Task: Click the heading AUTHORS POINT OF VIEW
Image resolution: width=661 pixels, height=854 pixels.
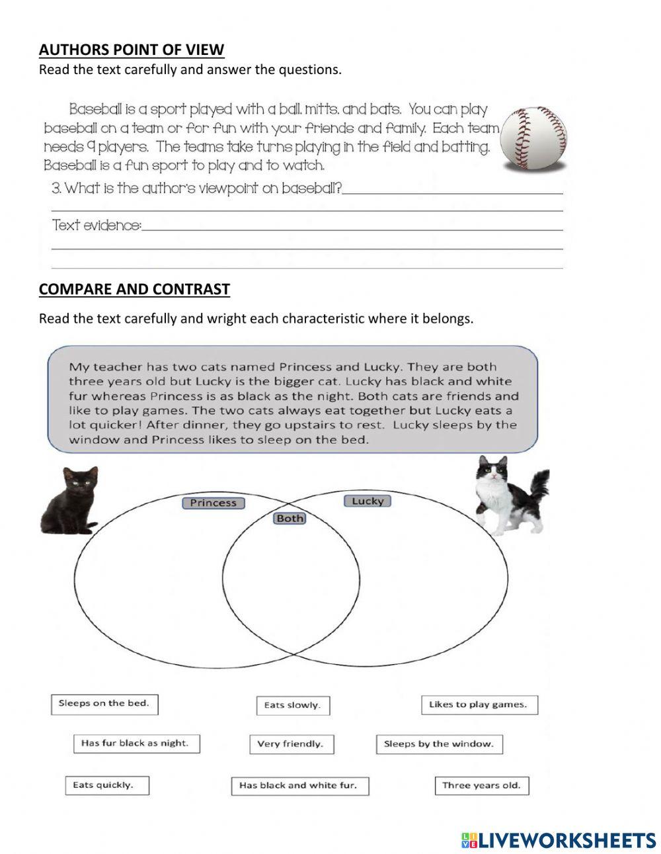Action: click(132, 50)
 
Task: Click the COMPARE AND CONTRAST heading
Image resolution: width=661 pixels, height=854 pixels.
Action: click(134, 289)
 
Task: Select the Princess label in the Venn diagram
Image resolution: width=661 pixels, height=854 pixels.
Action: click(213, 503)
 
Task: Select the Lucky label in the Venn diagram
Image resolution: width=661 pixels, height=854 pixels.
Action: click(368, 501)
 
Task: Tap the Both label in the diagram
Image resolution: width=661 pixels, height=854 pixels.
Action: click(290, 519)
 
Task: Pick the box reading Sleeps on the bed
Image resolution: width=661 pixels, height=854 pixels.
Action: click(104, 704)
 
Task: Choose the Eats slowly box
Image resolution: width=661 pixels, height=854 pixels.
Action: click(292, 705)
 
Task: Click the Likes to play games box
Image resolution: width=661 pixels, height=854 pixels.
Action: click(479, 705)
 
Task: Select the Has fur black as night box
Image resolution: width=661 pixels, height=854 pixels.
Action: click(136, 744)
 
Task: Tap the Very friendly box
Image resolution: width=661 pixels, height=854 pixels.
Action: click(291, 744)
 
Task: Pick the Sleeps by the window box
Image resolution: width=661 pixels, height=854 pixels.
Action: click(439, 744)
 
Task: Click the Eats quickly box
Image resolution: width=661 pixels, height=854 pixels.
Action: click(106, 785)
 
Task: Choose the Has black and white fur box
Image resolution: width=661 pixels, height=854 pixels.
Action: click(299, 786)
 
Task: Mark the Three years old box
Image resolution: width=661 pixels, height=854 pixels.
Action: click(481, 786)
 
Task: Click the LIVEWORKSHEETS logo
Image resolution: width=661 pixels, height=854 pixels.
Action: click(559, 840)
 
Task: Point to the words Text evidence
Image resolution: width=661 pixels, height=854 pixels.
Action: click(97, 226)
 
